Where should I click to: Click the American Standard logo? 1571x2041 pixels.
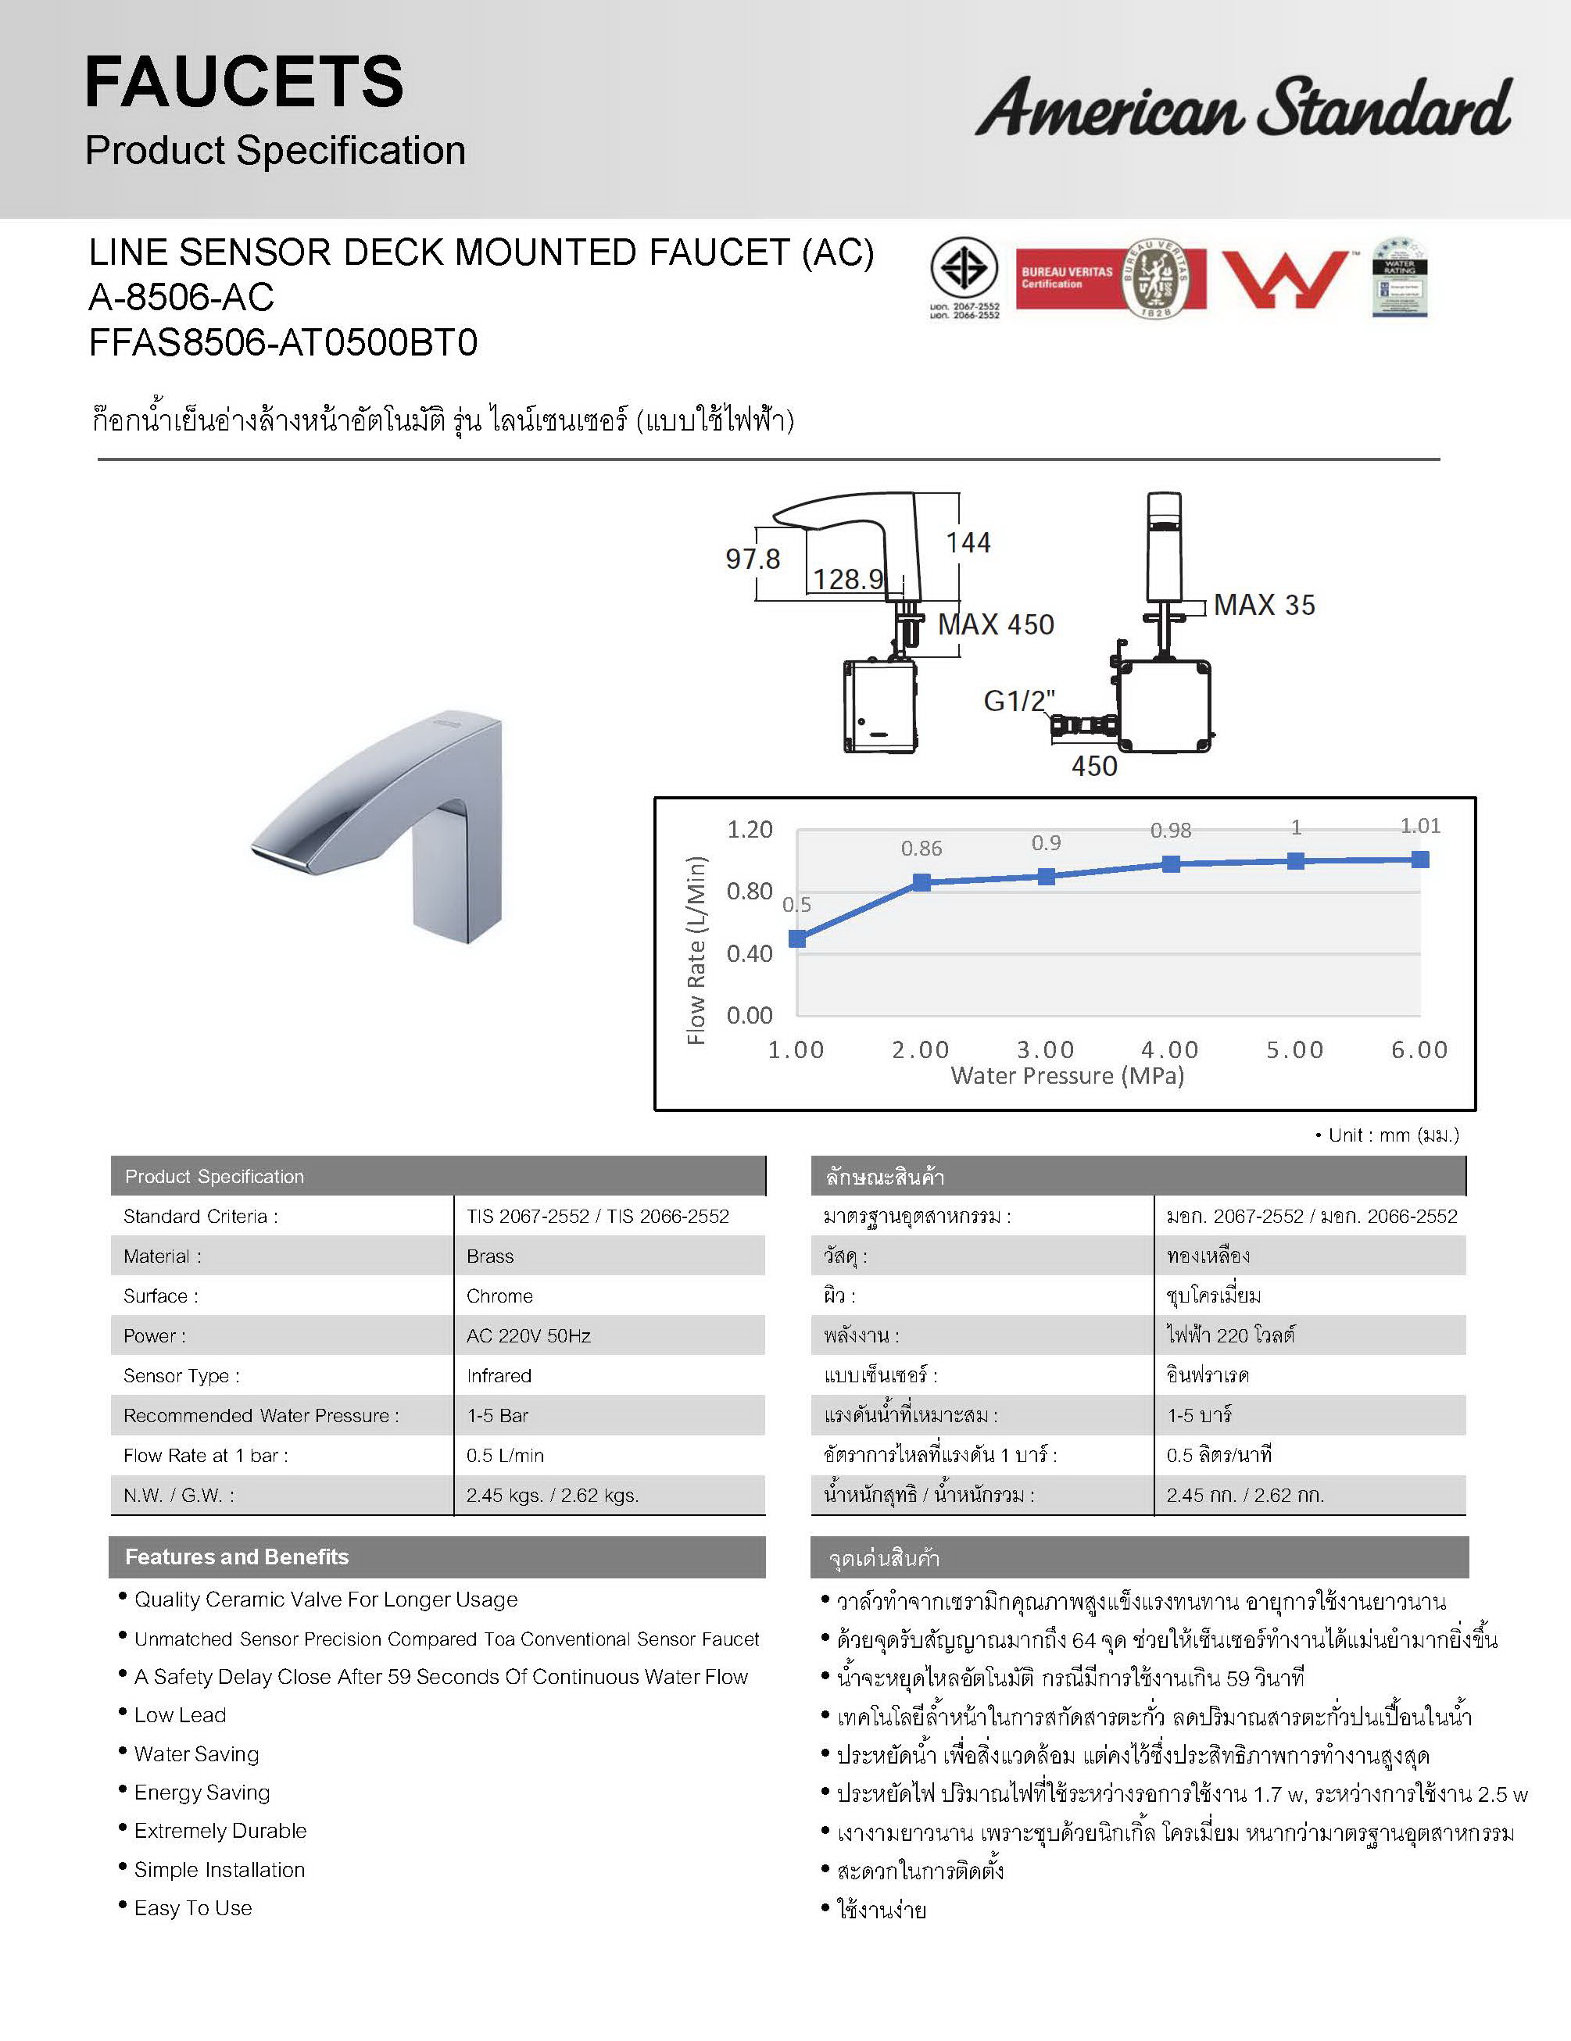point(1242,108)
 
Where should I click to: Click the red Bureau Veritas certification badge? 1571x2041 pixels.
point(1111,278)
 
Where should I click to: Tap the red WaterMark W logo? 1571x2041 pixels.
point(1286,278)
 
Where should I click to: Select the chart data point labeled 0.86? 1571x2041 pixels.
point(921,882)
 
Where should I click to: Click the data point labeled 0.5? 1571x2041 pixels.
point(797,938)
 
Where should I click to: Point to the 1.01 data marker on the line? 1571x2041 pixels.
point(1419,859)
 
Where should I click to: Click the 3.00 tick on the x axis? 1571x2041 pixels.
point(1046,1049)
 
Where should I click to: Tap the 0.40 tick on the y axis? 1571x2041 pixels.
point(750,953)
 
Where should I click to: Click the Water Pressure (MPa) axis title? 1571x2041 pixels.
point(1068,1076)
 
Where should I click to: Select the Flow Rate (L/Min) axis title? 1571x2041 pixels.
point(696,949)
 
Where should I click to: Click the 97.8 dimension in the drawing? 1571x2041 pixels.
point(753,559)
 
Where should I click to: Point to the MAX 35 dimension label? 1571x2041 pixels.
point(1264,605)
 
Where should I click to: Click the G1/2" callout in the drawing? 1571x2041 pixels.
point(1018,700)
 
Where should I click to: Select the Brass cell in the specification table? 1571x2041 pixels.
point(491,1256)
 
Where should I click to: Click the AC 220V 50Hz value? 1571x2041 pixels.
point(529,1335)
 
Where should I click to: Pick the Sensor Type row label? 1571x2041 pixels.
point(181,1375)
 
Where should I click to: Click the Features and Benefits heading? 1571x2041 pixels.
point(237,1557)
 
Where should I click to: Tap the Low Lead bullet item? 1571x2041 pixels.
point(181,1715)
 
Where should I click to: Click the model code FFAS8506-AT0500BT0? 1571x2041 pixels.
point(283,343)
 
